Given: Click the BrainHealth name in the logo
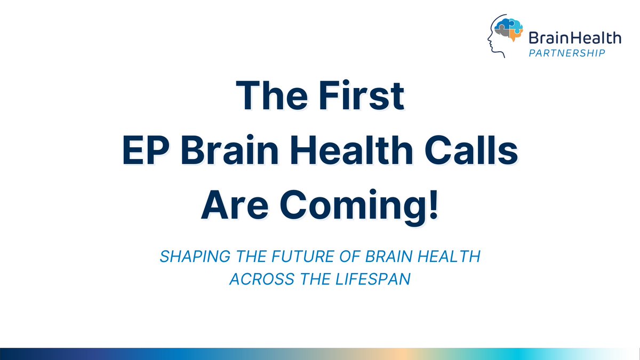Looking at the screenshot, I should tap(574, 38).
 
